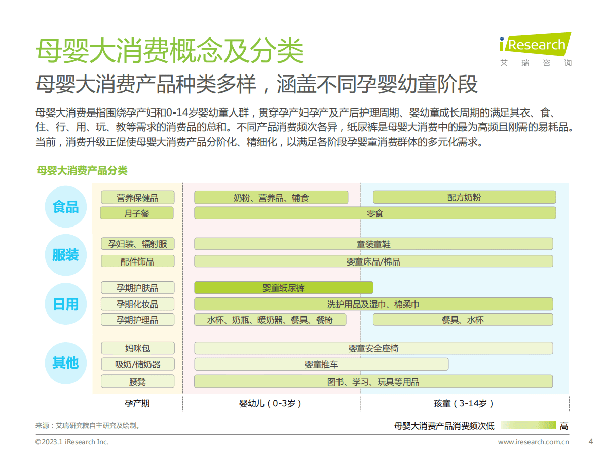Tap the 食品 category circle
[x=66, y=206]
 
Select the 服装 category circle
[x=66, y=255]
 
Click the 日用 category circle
[x=66, y=304]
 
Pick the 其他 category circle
[x=66, y=363]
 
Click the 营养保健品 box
[x=137, y=197]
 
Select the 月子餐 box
[x=137, y=213]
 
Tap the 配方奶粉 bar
[x=464, y=197]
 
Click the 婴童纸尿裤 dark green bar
[x=283, y=288]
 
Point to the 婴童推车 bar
[x=321, y=364]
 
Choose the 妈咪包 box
[x=137, y=348]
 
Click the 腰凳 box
[x=137, y=381]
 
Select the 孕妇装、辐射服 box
[x=137, y=244]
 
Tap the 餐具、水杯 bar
[x=463, y=320]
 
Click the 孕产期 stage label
[x=137, y=403]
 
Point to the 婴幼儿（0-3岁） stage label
[x=271, y=403]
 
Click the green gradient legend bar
[x=527, y=426]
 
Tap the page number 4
[x=590, y=441]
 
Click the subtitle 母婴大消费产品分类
[x=82, y=170]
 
